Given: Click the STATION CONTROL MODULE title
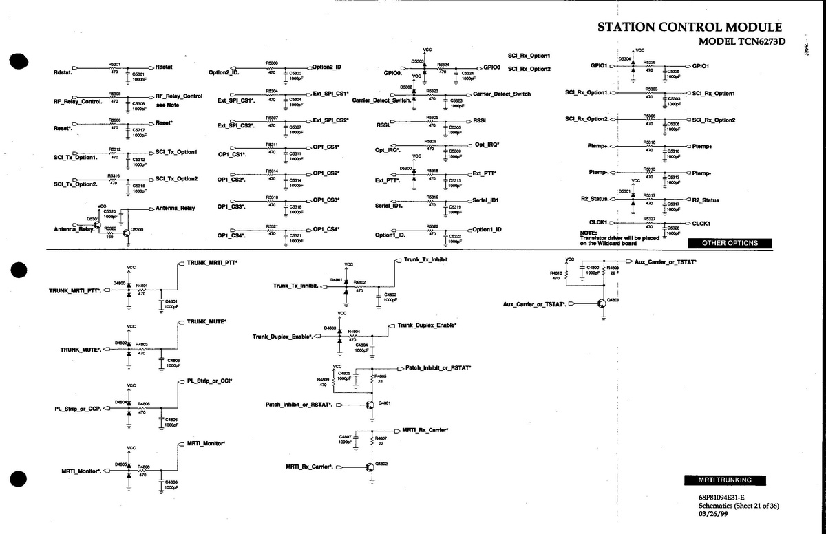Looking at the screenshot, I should pyautogui.click(x=689, y=28).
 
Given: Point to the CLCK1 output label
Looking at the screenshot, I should pyautogui.click(x=701, y=223).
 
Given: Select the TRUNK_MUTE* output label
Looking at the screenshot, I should pyautogui.click(x=206, y=321).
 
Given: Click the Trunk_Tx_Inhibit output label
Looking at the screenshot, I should pyautogui.click(x=426, y=259).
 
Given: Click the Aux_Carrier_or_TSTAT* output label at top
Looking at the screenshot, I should pyautogui.click(x=666, y=261).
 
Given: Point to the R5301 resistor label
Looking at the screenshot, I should pyautogui.click(x=115, y=63).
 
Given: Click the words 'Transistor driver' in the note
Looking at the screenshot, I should pyautogui.click(x=603, y=237).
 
